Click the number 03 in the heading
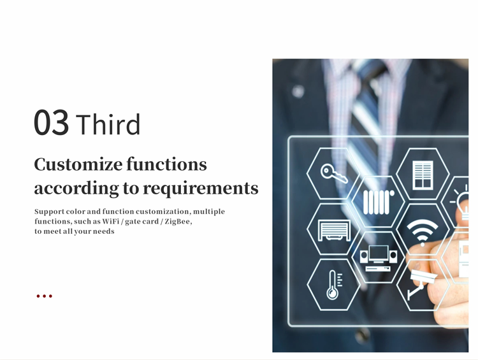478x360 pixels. click(51, 122)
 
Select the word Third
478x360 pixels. click(108, 124)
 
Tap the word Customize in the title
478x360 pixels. click(78, 164)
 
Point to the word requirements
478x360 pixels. click(201, 189)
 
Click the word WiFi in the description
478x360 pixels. click(111, 221)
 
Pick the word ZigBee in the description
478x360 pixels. click(177, 221)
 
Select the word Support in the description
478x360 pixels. click(49, 212)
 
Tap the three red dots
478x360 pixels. click(44, 296)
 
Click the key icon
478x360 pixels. click(334, 173)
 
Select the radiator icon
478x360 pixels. click(379, 202)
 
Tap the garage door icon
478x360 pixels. click(334, 231)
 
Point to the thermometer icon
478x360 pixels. click(334, 285)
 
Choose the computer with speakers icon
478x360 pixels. click(379, 258)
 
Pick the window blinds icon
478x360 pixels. click(423, 175)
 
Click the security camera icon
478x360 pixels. click(421, 283)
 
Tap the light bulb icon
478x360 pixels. click(461, 202)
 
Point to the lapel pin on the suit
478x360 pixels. click(298, 91)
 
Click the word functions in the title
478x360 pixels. click(167, 164)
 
